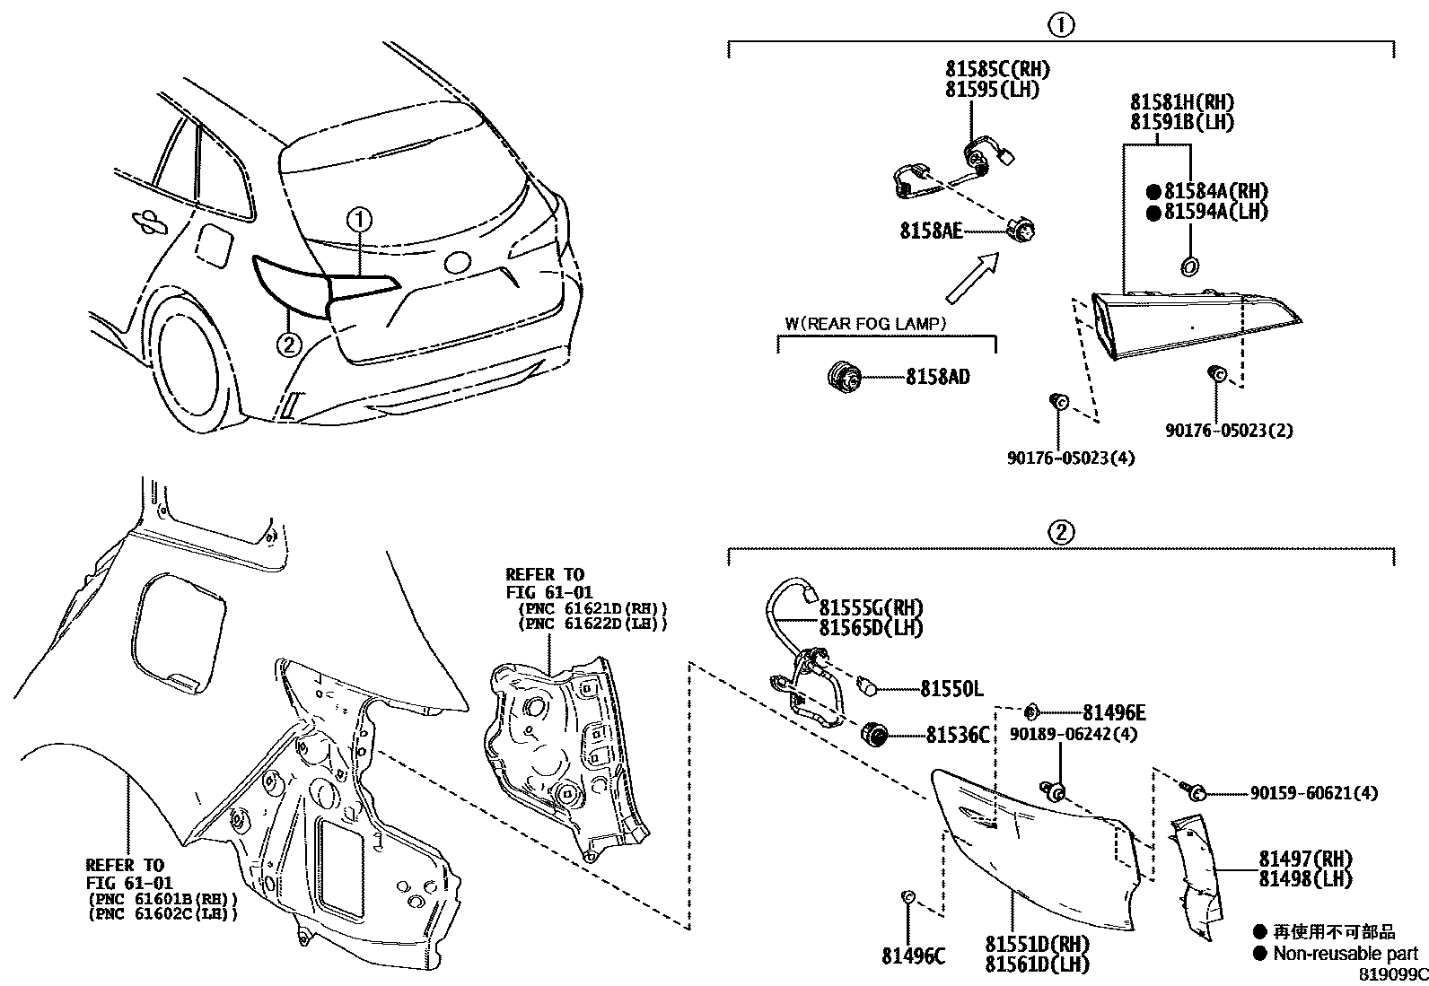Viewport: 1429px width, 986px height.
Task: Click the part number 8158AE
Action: [931, 231]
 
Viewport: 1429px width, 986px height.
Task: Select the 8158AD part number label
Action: [937, 378]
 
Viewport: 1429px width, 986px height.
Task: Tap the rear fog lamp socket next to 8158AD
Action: [843, 375]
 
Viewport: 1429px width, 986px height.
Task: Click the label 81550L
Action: [951, 689]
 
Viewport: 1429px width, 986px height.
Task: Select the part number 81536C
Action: [958, 736]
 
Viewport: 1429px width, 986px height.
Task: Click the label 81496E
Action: [1114, 712]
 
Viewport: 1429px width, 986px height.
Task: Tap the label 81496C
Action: [913, 956]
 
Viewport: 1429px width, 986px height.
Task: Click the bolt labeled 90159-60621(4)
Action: [1194, 791]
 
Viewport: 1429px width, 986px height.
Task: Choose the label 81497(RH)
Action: [1304, 859]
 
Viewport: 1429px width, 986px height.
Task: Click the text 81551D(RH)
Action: [1037, 945]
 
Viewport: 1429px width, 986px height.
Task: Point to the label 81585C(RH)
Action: [996, 69]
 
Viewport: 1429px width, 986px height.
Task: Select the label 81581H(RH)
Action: [1181, 101]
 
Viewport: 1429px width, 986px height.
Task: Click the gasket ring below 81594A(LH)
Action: [1190, 266]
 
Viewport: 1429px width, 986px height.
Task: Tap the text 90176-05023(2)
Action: [1229, 431]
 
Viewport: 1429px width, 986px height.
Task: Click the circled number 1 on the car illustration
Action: [359, 219]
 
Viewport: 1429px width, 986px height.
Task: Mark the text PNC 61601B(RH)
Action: [162, 898]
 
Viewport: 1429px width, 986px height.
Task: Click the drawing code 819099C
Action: [1391, 974]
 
